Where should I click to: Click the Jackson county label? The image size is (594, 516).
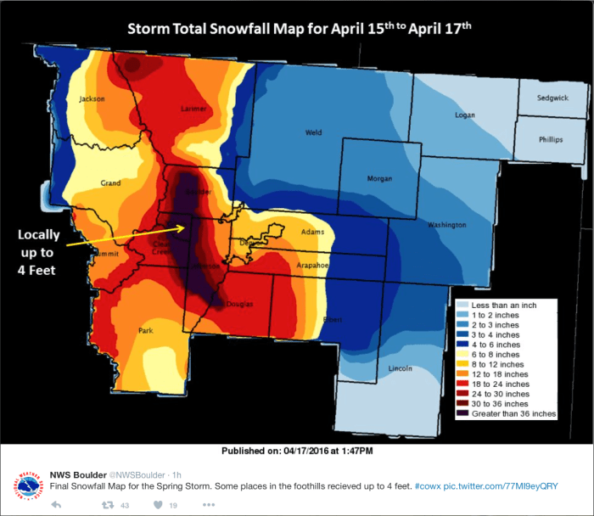coord(92,99)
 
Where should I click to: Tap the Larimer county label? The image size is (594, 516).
coord(193,109)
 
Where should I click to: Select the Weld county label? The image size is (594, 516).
coord(314,132)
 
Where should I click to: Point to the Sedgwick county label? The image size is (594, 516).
coord(553,98)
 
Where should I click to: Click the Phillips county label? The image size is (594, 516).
coord(550,139)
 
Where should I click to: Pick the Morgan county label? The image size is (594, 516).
coord(378,179)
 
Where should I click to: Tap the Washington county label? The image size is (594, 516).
coord(446,225)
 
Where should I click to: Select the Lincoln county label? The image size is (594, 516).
coord(400,368)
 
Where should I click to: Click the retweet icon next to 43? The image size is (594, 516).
coord(108,505)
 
